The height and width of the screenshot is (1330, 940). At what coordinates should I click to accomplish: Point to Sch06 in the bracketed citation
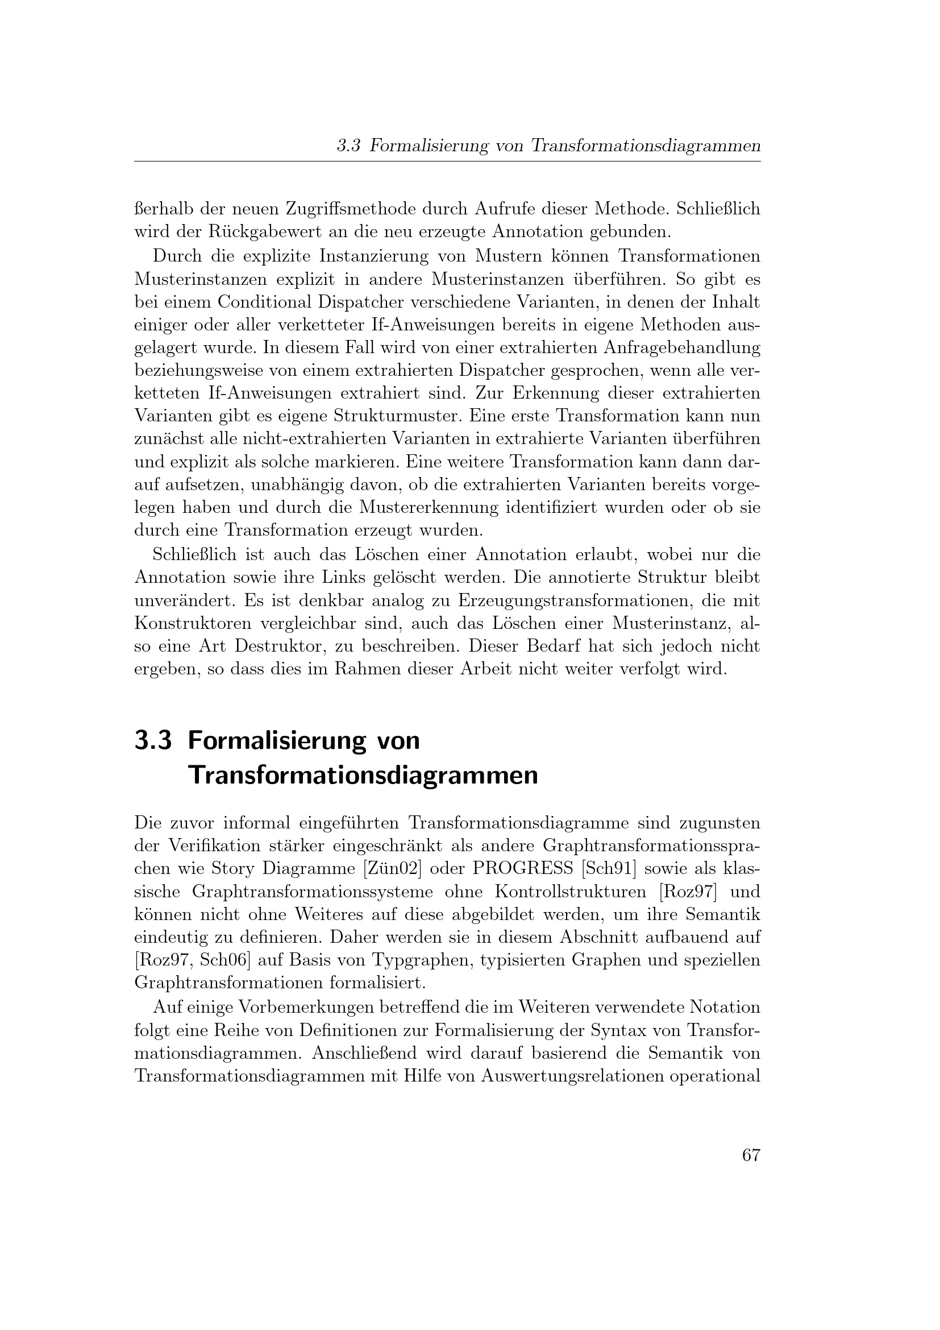221,960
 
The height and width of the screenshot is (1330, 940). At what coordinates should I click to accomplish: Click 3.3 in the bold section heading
153,741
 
